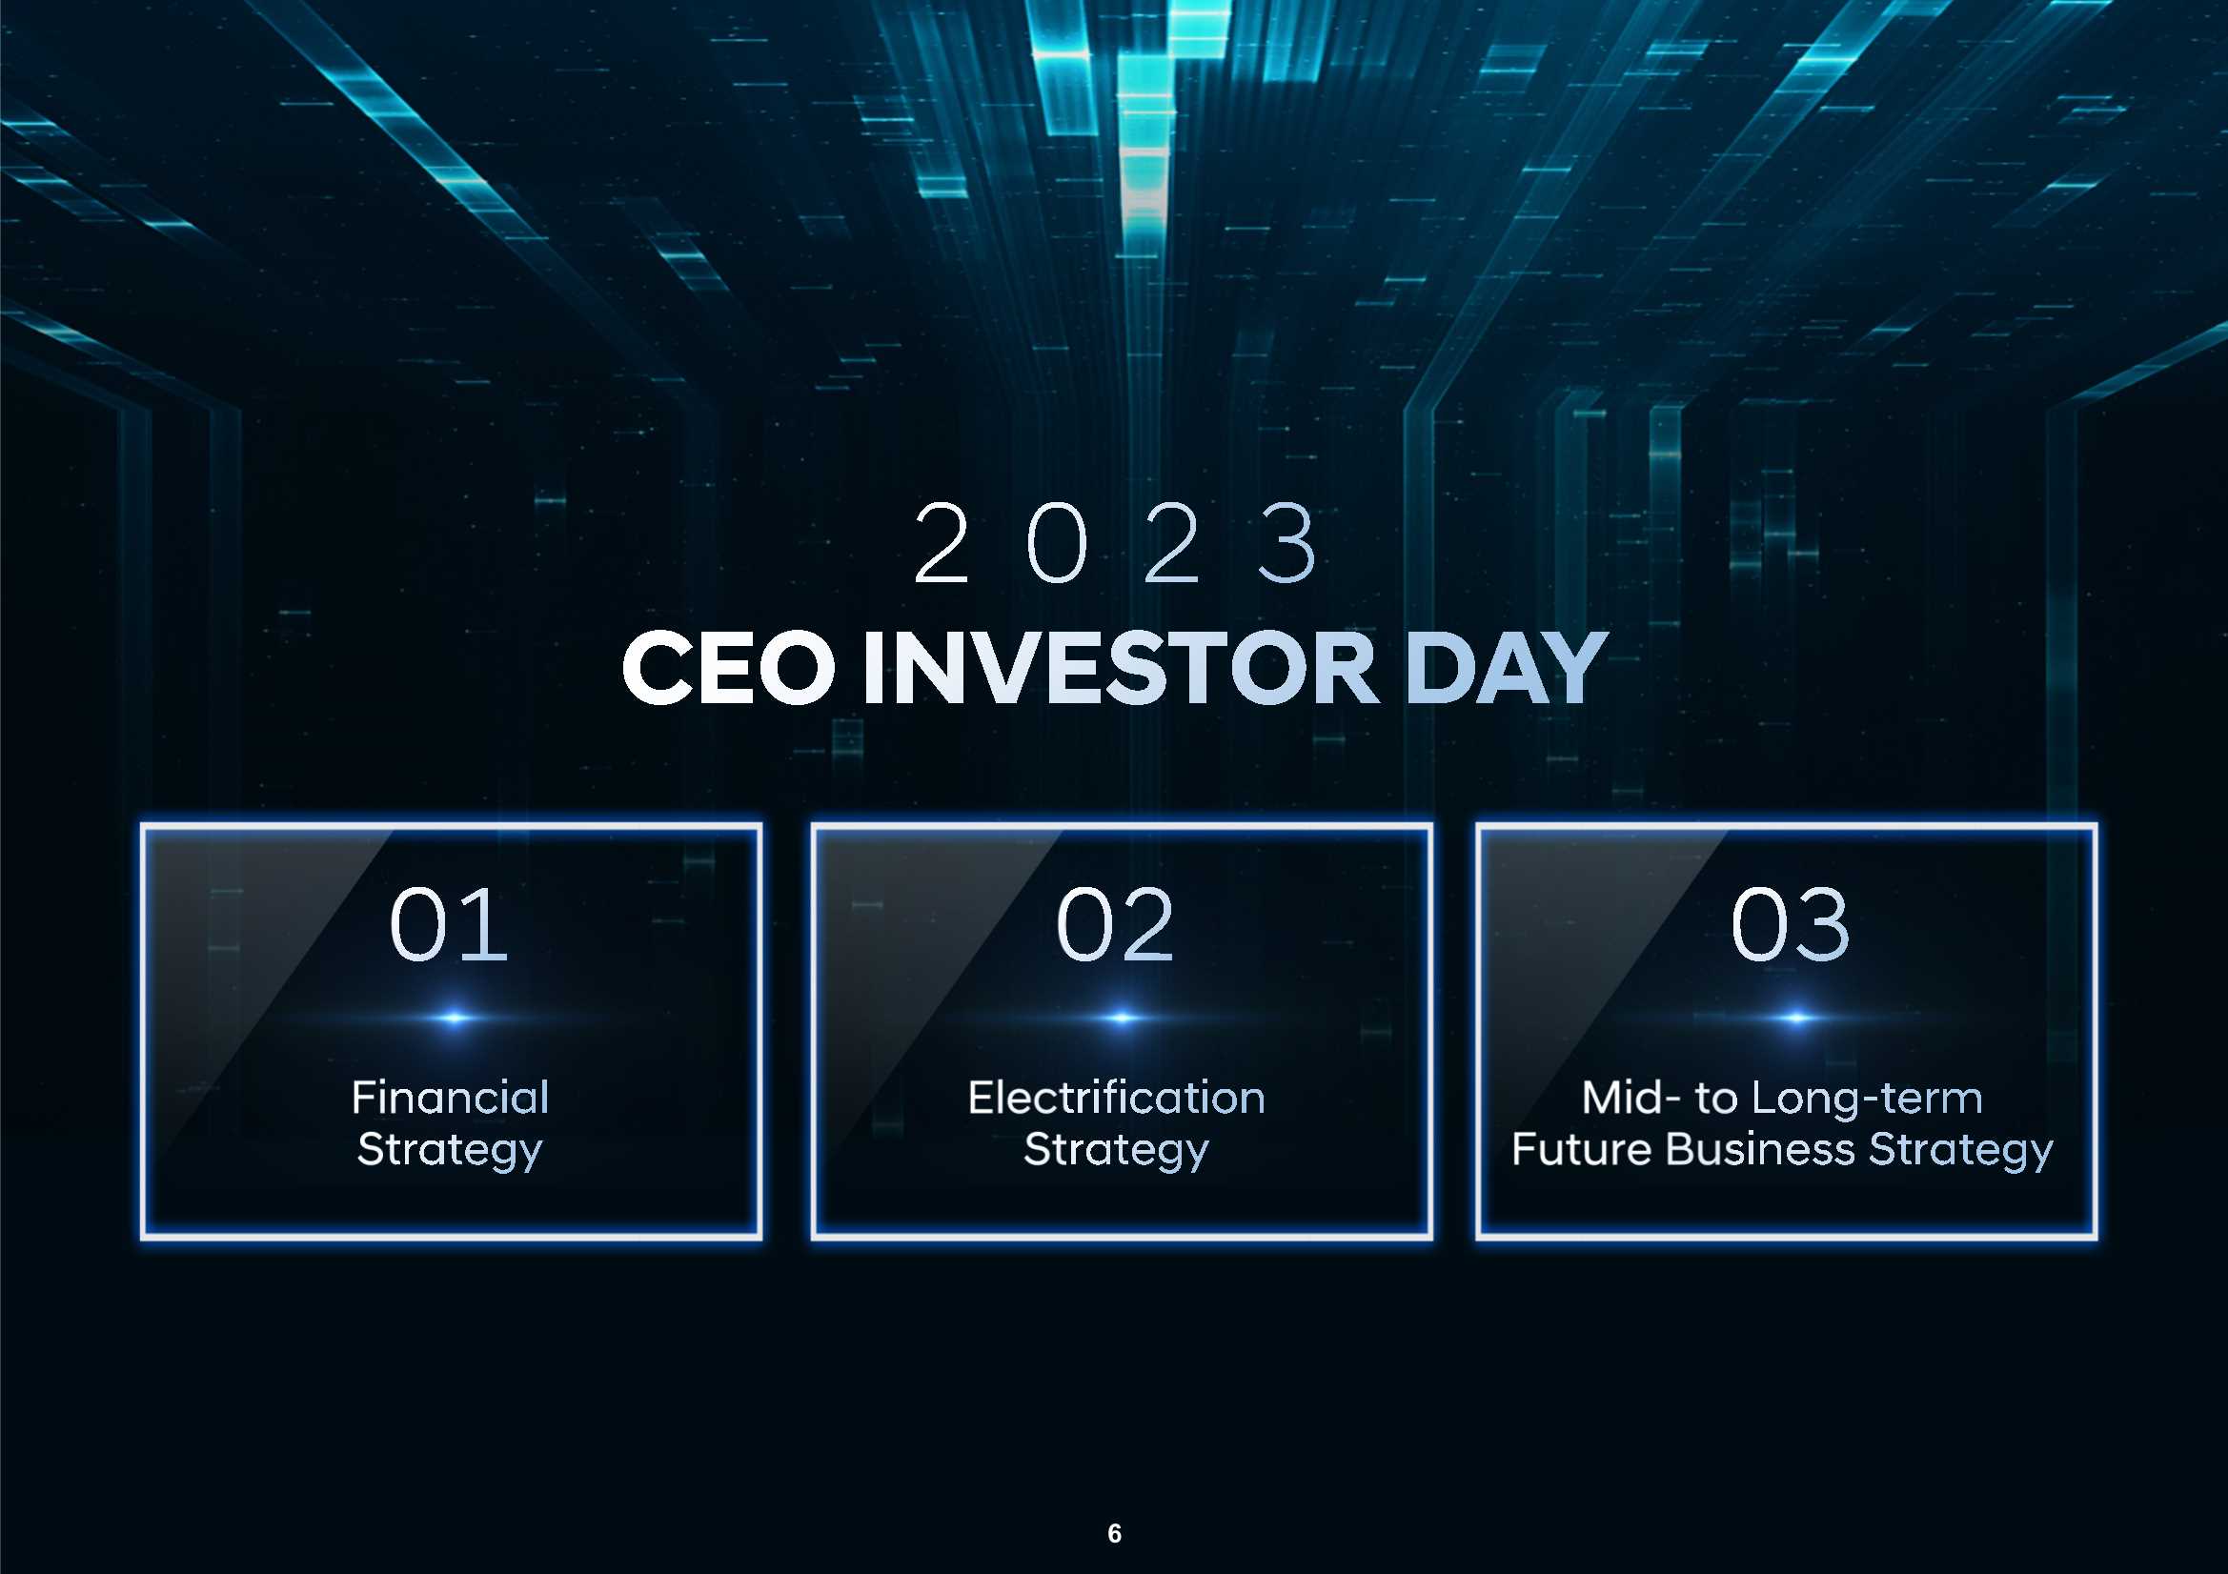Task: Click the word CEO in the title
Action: (x=728, y=667)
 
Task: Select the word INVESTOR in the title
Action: (x=1121, y=667)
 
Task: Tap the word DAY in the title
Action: (x=1506, y=667)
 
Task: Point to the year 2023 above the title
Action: (x=1116, y=543)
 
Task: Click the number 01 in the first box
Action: (x=448, y=925)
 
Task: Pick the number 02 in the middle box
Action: (x=1115, y=925)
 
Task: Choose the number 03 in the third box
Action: (x=1790, y=925)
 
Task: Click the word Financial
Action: (x=450, y=1098)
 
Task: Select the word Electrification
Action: (x=1117, y=1098)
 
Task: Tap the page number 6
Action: (x=1114, y=1533)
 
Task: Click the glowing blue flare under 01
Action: (x=454, y=1018)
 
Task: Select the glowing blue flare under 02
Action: (x=1121, y=1018)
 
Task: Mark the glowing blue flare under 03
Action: (x=1795, y=1018)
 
